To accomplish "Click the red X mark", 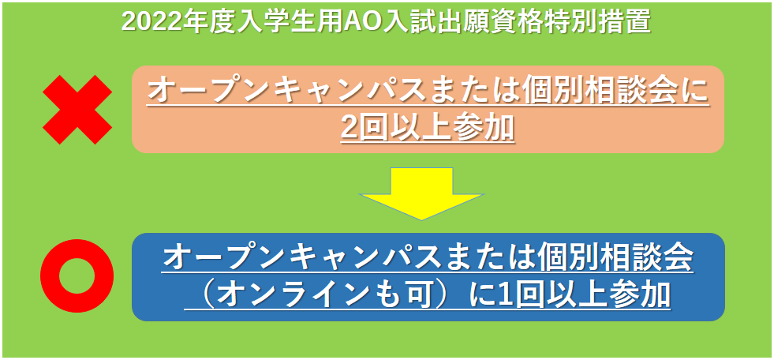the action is [77, 110].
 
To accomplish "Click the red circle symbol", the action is [77, 276].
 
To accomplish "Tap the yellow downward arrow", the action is [421, 193].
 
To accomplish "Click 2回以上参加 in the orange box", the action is [428, 129].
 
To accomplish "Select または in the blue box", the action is [516, 258].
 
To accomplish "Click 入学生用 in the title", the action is [297, 22].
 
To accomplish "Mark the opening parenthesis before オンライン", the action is [204, 295].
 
